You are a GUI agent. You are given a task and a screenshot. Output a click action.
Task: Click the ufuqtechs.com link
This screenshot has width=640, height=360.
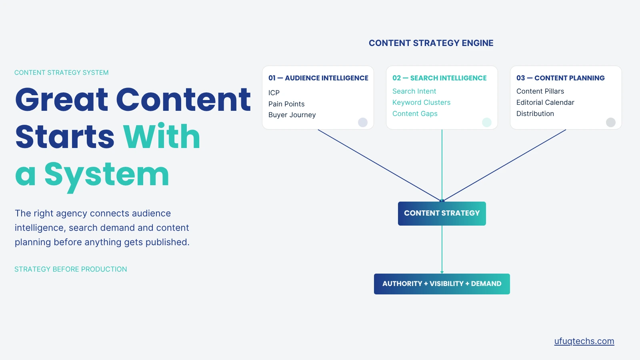pos(584,341)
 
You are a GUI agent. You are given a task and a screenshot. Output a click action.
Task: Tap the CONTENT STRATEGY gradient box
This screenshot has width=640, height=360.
pos(442,214)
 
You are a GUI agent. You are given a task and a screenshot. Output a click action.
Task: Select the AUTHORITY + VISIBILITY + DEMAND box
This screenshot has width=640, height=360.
pos(442,284)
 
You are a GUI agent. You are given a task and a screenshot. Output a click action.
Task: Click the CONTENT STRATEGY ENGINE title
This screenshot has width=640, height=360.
pos(431,43)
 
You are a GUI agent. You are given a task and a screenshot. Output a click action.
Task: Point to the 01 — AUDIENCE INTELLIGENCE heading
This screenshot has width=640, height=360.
pos(318,78)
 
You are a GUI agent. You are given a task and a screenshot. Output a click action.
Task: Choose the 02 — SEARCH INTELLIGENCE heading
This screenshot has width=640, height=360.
pos(440,78)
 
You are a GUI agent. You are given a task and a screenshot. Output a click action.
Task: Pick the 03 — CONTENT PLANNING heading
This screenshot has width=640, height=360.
pos(560,78)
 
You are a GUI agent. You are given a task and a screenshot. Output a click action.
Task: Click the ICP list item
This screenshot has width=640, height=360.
pos(274,93)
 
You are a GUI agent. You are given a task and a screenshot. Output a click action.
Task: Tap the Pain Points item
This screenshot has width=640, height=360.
pos(286,104)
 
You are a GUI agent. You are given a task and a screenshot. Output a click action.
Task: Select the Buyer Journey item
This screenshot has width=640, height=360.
pos(292,115)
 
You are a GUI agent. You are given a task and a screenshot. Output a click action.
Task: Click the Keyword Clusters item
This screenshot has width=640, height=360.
pos(421,102)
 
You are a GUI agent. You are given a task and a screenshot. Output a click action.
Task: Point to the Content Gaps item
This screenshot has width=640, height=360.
pos(415,114)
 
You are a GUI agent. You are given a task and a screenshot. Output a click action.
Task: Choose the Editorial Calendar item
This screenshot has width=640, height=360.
pos(545,102)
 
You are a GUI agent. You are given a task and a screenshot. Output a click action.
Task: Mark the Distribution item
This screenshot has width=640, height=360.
pos(535,114)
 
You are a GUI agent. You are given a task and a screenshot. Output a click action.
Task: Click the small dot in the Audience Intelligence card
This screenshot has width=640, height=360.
pos(362,122)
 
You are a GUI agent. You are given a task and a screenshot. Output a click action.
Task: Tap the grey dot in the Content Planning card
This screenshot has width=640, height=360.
pos(610,122)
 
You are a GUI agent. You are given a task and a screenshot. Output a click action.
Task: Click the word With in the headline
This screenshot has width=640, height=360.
pos(162,136)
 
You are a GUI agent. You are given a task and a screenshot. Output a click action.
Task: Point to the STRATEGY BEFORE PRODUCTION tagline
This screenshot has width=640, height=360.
pos(70,269)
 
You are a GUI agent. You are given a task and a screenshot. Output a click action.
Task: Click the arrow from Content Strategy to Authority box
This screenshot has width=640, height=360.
pos(442,250)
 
